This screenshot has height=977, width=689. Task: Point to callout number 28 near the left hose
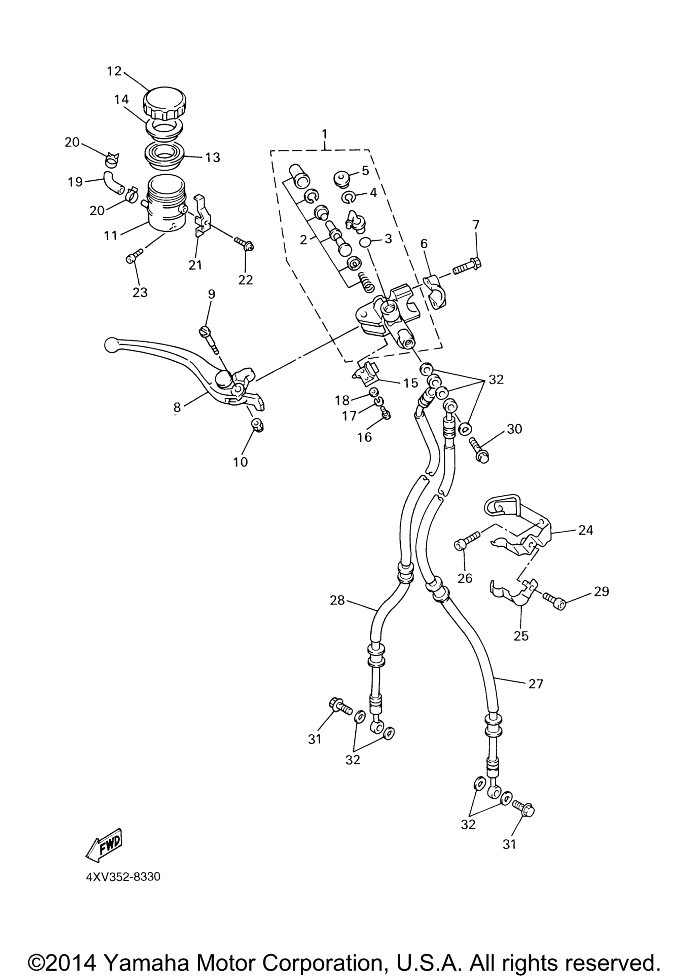pyautogui.click(x=337, y=601)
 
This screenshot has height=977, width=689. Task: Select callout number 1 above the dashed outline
pyautogui.click(x=324, y=135)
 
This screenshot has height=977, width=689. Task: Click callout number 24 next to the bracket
pyautogui.click(x=586, y=530)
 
